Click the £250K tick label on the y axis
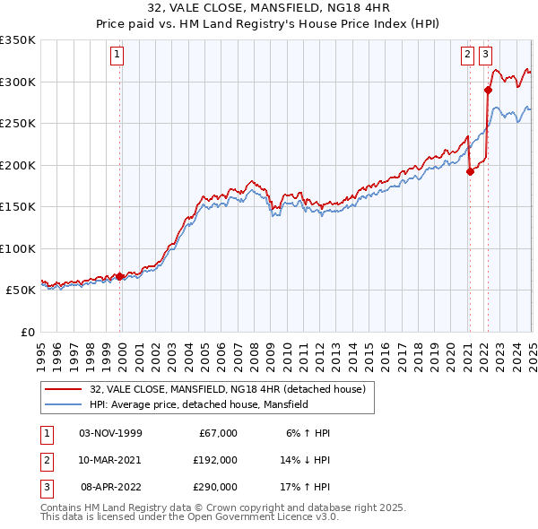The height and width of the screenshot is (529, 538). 17,123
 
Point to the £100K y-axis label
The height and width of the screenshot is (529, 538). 17,248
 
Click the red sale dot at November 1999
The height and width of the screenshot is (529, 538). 120,276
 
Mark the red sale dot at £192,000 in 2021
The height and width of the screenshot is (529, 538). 470,172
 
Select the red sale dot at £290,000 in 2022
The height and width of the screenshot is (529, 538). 488,90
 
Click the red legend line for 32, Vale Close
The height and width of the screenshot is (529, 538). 63,390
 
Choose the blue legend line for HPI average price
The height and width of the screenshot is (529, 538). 63,404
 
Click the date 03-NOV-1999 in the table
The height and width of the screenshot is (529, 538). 110,433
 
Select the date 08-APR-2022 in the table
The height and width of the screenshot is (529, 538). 110,487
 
